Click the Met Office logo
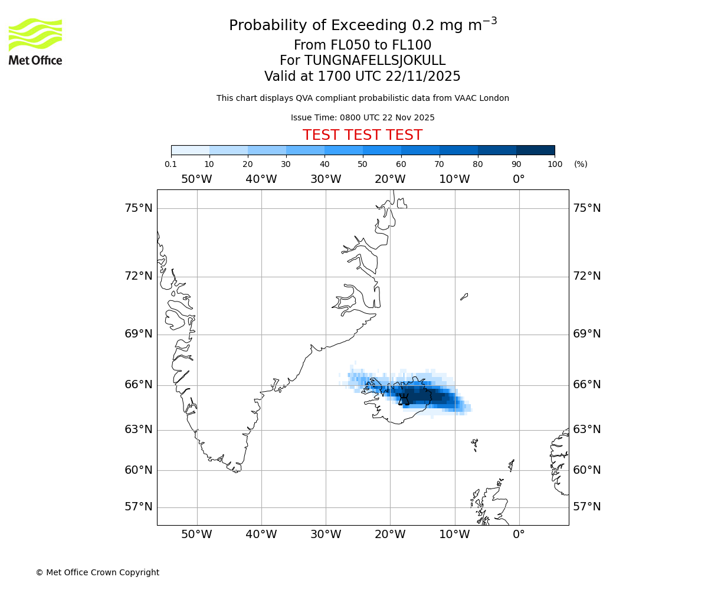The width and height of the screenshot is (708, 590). click(x=35, y=41)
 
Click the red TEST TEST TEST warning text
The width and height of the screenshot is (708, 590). click(x=362, y=135)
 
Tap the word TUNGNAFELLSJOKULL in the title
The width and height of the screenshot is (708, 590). click(x=375, y=61)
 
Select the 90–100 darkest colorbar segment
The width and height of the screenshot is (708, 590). click(x=535, y=150)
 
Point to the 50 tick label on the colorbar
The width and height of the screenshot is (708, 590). click(x=363, y=164)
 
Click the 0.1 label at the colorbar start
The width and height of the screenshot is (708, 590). click(x=171, y=164)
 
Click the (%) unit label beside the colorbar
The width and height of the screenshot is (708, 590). click(x=581, y=164)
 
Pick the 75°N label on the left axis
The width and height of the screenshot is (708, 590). click(x=138, y=208)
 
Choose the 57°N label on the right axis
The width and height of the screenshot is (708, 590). click(x=586, y=506)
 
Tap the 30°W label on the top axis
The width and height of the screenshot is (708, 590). click(x=326, y=179)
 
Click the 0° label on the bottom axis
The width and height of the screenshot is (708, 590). click(x=519, y=535)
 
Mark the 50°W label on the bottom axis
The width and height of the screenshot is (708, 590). click(x=196, y=535)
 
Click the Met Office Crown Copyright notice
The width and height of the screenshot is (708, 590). click(x=97, y=572)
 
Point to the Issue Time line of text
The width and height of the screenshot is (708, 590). click(x=362, y=117)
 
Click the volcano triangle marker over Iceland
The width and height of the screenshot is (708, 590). click(x=404, y=400)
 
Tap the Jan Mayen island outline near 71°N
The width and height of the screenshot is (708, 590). click(x=464, y=296)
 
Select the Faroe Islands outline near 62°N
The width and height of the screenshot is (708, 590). click(x=474, y=444)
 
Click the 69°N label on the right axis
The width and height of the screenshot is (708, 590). click(x=586, y=333)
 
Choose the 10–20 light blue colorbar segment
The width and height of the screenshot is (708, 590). click(x=228, y=150)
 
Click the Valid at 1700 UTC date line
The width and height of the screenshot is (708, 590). click(x=362, y=77)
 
